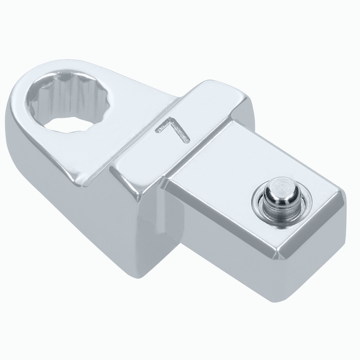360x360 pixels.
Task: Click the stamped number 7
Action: tap(172, 131)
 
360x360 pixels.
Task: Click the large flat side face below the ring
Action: tap(90, 223)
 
